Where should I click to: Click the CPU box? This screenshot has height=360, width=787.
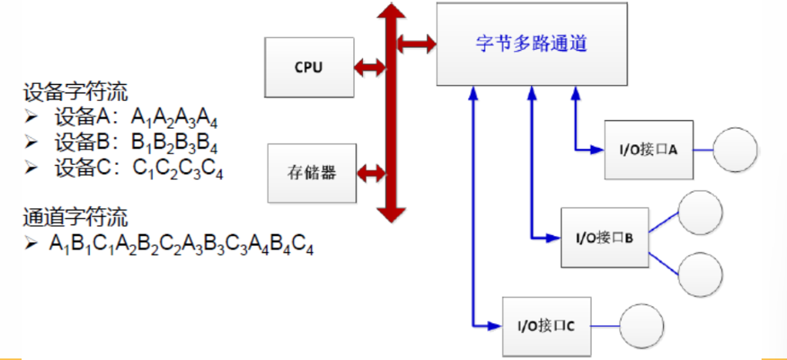point(308,66)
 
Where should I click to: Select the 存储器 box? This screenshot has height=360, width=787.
point(312,172)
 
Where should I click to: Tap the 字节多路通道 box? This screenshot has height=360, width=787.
point(532,44)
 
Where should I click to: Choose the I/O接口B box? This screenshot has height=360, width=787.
point(604,237)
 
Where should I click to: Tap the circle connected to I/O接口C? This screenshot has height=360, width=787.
point(641,325)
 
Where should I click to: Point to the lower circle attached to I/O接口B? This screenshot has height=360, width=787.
point(700,271)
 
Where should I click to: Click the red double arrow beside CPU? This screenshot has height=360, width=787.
point(369,67)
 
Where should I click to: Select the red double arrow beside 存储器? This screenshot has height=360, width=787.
point(371,172)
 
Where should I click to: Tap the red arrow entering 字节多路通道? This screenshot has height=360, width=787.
point(417,43)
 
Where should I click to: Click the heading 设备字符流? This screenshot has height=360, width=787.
point(75,92)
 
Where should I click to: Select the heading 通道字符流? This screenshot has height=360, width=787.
point(75,217)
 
